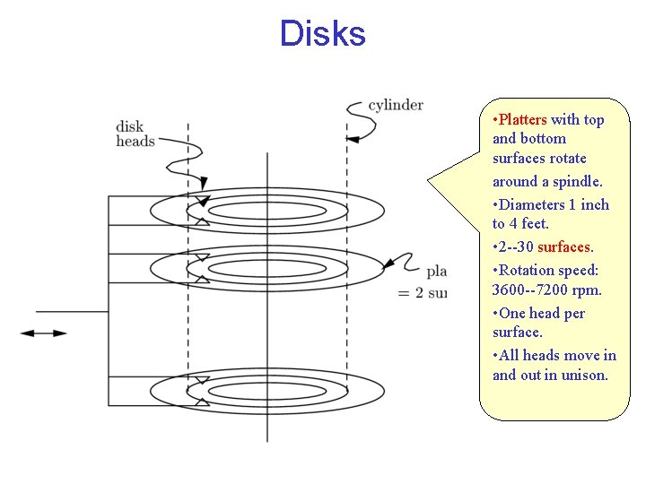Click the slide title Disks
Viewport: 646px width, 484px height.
322,34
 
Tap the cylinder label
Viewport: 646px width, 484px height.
396,106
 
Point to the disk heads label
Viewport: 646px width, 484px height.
135,134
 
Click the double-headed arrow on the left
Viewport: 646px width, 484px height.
43,333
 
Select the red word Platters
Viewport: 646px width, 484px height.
522,119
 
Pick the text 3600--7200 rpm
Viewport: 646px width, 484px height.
546,290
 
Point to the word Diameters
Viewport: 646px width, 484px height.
535,204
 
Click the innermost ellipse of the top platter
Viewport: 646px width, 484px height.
266,212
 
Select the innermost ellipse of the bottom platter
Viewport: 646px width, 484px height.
266,392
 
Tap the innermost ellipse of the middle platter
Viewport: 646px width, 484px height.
266,268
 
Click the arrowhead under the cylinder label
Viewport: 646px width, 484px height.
353,138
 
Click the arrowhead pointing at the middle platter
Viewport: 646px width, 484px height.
388,265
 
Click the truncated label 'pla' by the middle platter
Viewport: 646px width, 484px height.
436,271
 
